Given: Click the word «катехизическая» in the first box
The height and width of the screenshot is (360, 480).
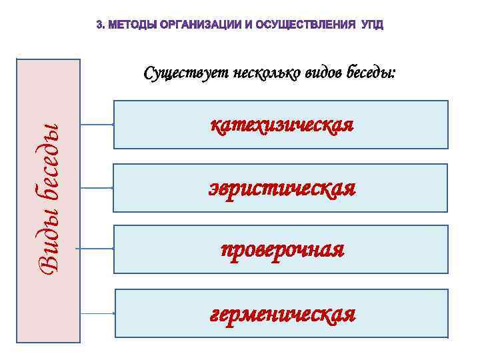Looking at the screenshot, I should (281, 125).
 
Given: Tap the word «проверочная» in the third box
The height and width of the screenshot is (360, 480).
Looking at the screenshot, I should (282, 250).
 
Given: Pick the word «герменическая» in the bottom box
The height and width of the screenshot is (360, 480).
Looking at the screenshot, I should (282, 313).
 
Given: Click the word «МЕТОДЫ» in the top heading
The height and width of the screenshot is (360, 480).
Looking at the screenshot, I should (130, 25).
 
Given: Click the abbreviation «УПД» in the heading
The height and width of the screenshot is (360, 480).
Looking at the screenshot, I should (372, 25).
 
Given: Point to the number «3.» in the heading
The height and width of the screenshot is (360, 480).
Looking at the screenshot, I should (100, 25).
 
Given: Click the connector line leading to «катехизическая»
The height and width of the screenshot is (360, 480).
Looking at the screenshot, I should (97, 124).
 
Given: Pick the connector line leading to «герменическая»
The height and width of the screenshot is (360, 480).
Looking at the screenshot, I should (97, 313).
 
